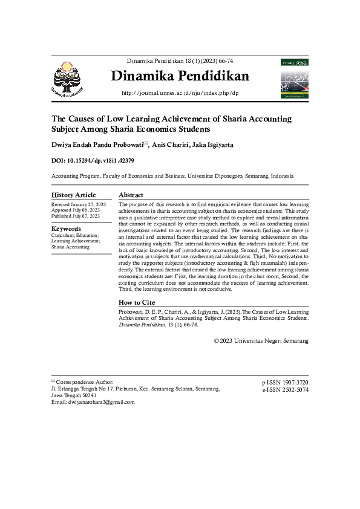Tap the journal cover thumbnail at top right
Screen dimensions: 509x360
(295, 78)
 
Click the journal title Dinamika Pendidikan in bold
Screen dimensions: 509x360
(180, 77)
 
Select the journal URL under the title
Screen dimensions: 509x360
(180, 93)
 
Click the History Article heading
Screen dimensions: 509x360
(73, 195)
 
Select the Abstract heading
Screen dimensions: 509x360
(131, 195)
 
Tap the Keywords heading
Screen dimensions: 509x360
(66, 229)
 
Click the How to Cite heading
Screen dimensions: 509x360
(137, 302)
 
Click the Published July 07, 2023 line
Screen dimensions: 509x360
(76, 216)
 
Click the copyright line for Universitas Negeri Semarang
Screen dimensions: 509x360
(261, 341)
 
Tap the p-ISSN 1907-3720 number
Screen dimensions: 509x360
(285, 383)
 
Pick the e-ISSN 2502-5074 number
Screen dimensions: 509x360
(285, 391)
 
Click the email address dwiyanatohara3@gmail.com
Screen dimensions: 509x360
(100, 402)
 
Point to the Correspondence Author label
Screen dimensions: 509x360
(85, 382)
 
